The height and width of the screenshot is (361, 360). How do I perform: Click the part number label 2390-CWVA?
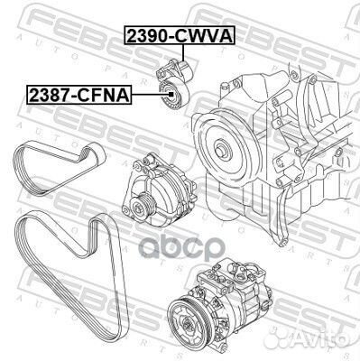[179, 36]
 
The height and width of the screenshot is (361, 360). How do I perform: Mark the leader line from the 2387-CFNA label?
[144, 94]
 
